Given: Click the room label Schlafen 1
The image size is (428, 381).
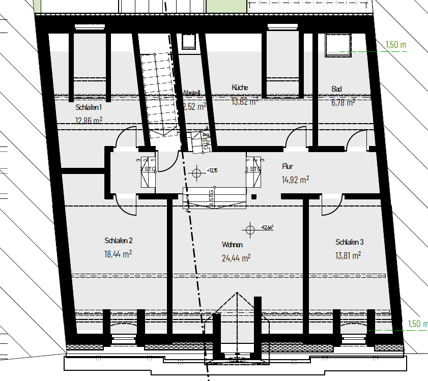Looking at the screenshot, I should (89, 108).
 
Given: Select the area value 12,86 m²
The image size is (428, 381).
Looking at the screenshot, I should (89, 121).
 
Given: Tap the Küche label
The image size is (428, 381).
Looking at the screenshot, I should (240, 87).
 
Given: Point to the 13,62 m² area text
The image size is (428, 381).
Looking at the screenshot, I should (244, 101).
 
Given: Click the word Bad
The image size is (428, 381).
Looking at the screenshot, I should (336, 89).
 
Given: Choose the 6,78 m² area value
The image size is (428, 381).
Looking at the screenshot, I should (343, 102).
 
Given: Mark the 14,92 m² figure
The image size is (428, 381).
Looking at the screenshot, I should (295, 180).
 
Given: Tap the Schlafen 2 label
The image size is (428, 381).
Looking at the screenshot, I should (119, 241).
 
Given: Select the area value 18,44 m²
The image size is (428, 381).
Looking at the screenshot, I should (119, 253).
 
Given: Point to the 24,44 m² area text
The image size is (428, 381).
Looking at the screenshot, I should (236, 258).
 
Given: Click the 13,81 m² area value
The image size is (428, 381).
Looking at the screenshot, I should (348, 255).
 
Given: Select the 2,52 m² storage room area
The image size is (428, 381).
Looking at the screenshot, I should (194, 106).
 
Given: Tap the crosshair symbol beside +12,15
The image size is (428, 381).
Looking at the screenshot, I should (196, 173).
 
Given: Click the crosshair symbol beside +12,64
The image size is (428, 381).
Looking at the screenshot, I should (250, 230).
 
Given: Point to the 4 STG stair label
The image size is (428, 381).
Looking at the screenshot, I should (211, 198).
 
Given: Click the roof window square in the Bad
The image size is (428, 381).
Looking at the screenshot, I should (337, 44).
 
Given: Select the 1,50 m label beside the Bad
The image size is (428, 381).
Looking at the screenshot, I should (396, 44).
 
